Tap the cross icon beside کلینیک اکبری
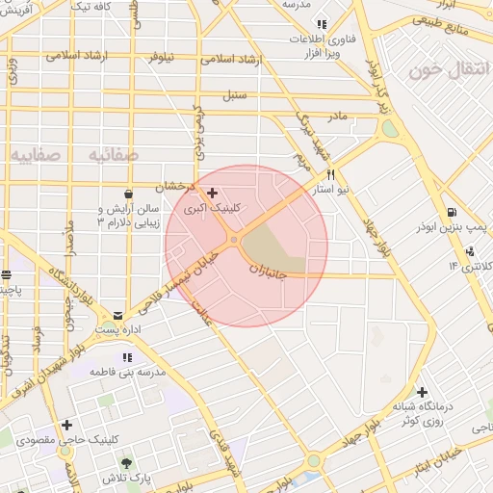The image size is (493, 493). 213,194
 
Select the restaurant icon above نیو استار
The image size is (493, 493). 331,175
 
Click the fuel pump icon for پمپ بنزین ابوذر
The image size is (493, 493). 452,213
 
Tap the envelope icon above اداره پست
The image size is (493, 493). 117,315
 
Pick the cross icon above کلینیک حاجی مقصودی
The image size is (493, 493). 66,425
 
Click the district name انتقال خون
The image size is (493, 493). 443,71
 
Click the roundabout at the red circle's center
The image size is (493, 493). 234,240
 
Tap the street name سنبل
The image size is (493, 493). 234,95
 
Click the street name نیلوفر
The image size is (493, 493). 166,57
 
